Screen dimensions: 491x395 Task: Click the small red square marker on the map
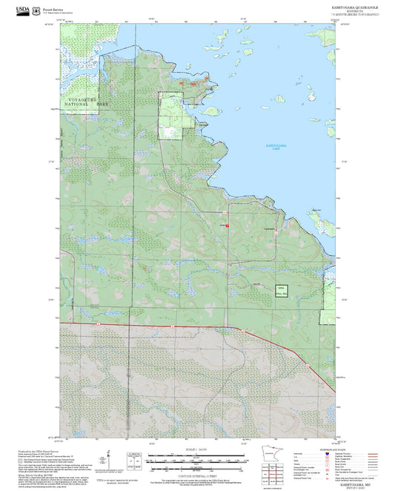(228, 225)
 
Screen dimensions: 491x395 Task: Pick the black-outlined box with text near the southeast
(280, 290)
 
